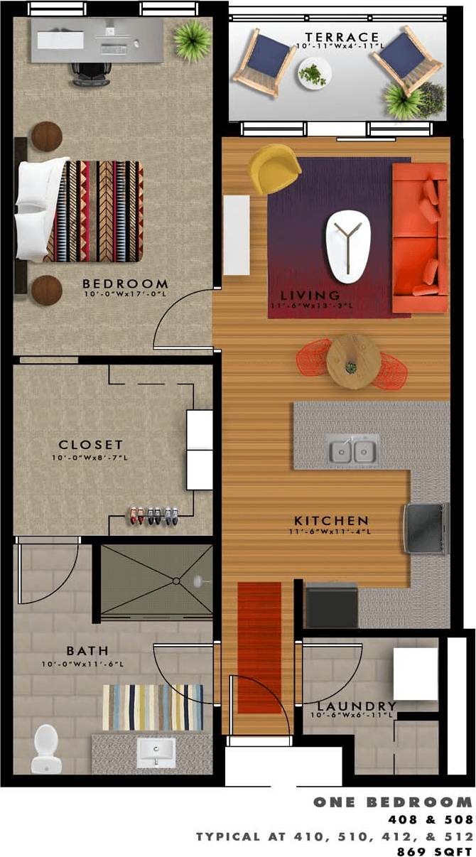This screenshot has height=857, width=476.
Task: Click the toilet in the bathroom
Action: (x=46, y=748)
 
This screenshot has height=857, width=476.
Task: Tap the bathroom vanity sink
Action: (x=156, y=751)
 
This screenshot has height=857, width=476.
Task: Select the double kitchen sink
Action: (x=353, y=450)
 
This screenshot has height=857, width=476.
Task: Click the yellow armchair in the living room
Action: (x=274, y=168)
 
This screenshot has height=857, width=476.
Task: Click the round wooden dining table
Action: (x=354, y=362)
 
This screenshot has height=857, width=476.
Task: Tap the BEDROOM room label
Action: (x=125, y=284)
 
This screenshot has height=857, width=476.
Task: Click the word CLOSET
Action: (x=91, y=446)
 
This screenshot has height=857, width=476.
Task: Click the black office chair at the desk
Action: (x=91, y=72)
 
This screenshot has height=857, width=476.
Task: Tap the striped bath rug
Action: (x=153, y=707)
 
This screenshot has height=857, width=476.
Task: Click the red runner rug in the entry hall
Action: (x=259, y=647)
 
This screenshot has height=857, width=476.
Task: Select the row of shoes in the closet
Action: (x=153, y=514)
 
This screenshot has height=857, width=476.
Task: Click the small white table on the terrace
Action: (x=314, y=73)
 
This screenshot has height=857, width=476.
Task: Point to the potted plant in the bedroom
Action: (x=192, y=40)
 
